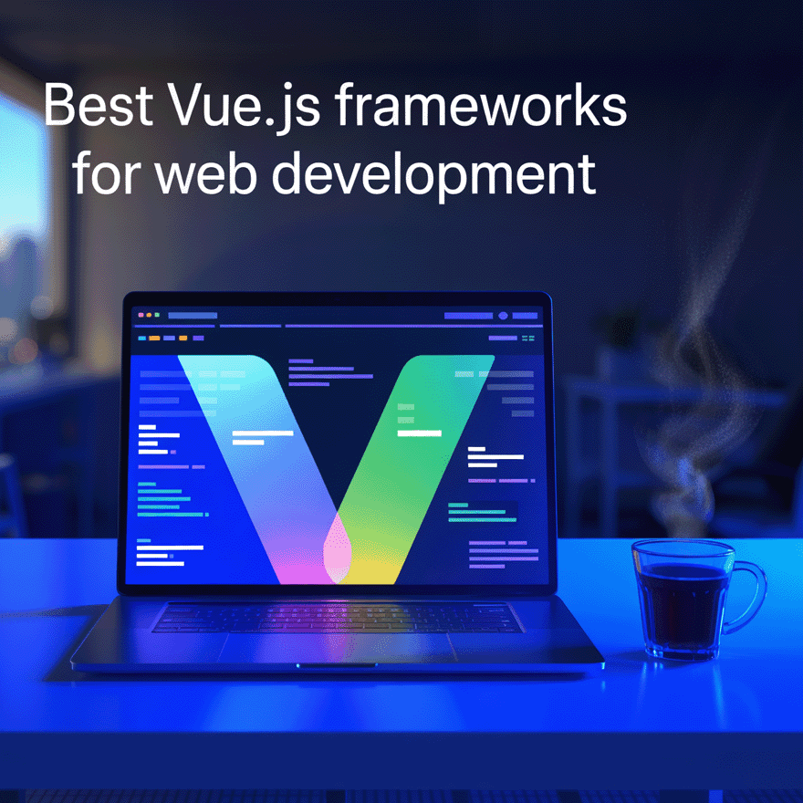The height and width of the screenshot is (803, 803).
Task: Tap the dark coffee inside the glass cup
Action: pyautogui.click(x=683, y=602)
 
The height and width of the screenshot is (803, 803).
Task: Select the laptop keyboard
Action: pyautogui.click(x=337, y=617)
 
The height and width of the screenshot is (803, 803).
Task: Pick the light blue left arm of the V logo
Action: pyautogui.click(x=255, y=438)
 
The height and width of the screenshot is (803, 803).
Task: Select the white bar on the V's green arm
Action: pyautogui.click(x=419, y=433)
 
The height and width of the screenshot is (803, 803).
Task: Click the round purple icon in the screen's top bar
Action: pyautogui.click(x=503, y=316)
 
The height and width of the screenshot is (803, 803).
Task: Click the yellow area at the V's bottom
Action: pyautogui.click(x=374, y=568)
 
